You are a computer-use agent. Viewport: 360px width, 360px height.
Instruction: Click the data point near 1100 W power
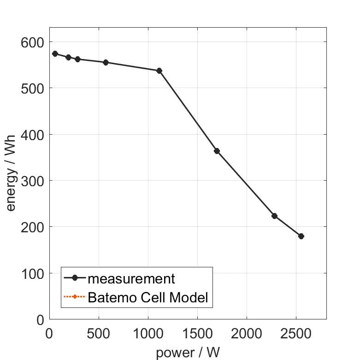point(159,71)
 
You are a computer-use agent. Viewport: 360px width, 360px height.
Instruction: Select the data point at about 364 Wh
point(217,151)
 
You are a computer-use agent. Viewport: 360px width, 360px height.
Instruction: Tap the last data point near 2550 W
point(301,236)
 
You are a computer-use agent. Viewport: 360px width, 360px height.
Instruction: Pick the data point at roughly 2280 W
point(274,216)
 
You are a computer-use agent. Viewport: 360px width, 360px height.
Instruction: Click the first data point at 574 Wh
point(55,53)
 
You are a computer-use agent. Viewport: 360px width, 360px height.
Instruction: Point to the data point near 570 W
point(106,62)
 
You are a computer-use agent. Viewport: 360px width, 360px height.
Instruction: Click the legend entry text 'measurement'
point(131,279)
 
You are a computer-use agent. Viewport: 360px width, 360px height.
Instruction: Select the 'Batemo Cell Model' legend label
point(148,297)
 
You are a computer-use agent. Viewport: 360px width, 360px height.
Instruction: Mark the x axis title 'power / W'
point(188,353)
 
